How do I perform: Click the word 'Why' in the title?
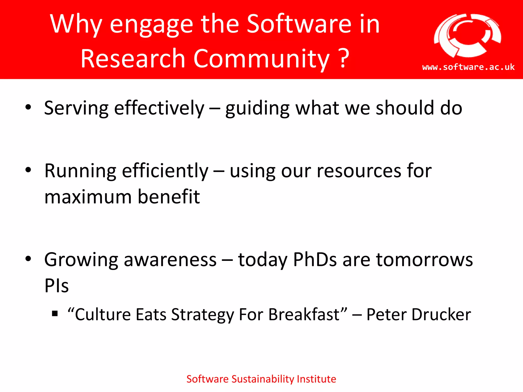click(76, 24)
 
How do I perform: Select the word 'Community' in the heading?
click(261, 59)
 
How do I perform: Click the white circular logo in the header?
click(468, 35)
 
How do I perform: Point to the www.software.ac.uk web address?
click(468, 67)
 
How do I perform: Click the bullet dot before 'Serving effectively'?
click(28, 107)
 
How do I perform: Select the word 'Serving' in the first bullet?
click(76, 108)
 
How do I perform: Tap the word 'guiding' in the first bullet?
click(257, 108)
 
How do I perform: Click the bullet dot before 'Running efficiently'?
click(28, 170)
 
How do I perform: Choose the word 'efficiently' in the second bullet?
click(165, 171)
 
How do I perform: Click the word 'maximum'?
click(88, 197)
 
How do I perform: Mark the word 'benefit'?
click(169, 197)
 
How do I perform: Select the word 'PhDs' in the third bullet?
click(315, 260)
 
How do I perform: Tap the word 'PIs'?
click(56, 286)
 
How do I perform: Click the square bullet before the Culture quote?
click(55, 313)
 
